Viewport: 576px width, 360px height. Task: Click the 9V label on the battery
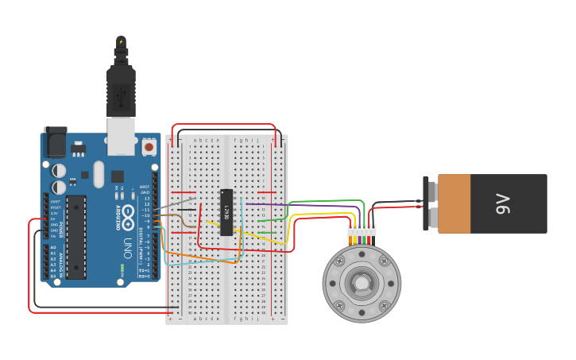tap(503, 204)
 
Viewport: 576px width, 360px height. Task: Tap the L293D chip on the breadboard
tap(226, 212)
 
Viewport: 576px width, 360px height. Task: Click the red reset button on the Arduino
tap(149, 147)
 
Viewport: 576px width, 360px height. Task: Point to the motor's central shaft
tap(361, 283)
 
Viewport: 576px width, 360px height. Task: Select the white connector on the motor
tap(361, 230)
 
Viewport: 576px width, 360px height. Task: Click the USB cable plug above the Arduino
tap(121, 87)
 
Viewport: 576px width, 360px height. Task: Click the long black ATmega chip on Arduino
tap(75, 237)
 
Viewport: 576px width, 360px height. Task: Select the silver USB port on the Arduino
tap(121, 137)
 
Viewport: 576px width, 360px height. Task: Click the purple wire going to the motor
tap(318, 207)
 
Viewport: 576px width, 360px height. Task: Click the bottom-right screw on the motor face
tap(385, 305)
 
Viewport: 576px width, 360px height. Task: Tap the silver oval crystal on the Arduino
tap(99, 174)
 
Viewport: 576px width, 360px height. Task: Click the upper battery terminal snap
tap(431, 191)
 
